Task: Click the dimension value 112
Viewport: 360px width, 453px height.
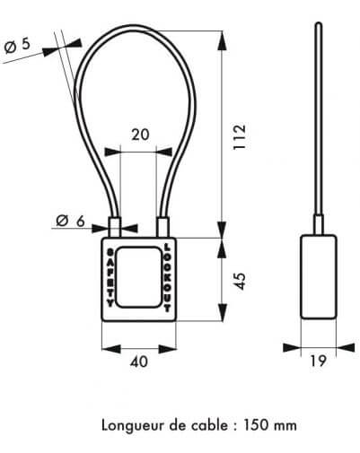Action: tap(240, 136)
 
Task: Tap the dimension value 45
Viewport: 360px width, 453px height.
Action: tap(240, 281)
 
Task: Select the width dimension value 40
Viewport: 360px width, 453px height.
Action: tap(139, 362)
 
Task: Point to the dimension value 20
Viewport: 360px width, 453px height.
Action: tap(140, 135)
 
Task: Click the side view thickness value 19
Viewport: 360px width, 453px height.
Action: tap(318, 361)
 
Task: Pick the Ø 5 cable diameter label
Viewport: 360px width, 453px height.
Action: tap(17, 46)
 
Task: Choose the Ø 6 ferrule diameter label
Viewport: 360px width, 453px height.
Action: tap(71, 222)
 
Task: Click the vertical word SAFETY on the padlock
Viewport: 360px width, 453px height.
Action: tap(110, 278)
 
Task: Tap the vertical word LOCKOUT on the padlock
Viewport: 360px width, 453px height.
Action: tap(167, 278)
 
